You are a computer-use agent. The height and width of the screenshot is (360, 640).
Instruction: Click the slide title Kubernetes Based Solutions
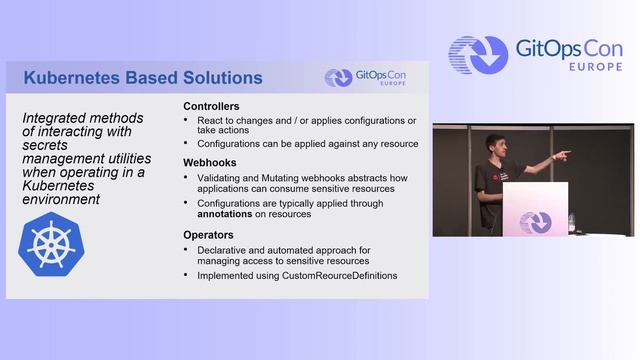coord(142,77)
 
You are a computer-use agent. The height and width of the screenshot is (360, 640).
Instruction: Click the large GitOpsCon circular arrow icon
coord(478,56)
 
